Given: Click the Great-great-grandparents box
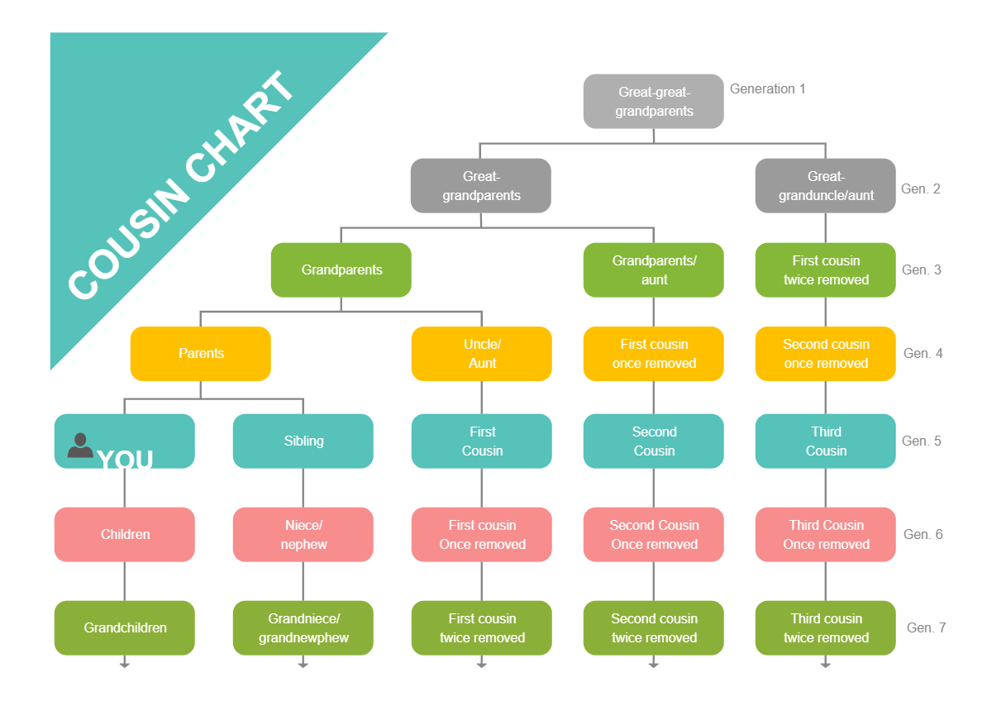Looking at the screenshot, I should click(653, 102).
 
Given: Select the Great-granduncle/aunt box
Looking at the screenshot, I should click(825, 186).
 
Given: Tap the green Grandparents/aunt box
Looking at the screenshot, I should click(653, 270).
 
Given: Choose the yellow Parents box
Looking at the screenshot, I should click(201, 354).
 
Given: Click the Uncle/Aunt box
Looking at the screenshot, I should click(481, 354).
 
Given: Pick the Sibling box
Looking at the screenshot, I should click(303, 441).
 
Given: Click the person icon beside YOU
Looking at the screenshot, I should click(80, 446).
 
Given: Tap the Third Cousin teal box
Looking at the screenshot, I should click(825, 441).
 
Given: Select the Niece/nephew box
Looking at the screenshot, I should click(303, 535).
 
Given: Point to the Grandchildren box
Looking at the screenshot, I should click(125, 628).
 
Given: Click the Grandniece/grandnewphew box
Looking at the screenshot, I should click(303, 628).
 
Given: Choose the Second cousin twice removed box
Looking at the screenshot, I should click(653, 628).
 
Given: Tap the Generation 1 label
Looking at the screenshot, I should click(767, 89).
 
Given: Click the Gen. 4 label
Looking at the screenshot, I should click(923, 354).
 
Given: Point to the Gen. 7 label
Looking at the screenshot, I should click(926, 628).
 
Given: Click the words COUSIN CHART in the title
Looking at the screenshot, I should click(182, 186).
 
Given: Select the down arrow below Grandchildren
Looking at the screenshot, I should click(125, 663).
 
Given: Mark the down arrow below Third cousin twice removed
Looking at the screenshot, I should click(825, 663).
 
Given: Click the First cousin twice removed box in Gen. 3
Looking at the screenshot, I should click(825, 270).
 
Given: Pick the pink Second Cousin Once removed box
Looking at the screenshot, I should click(653, 535).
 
